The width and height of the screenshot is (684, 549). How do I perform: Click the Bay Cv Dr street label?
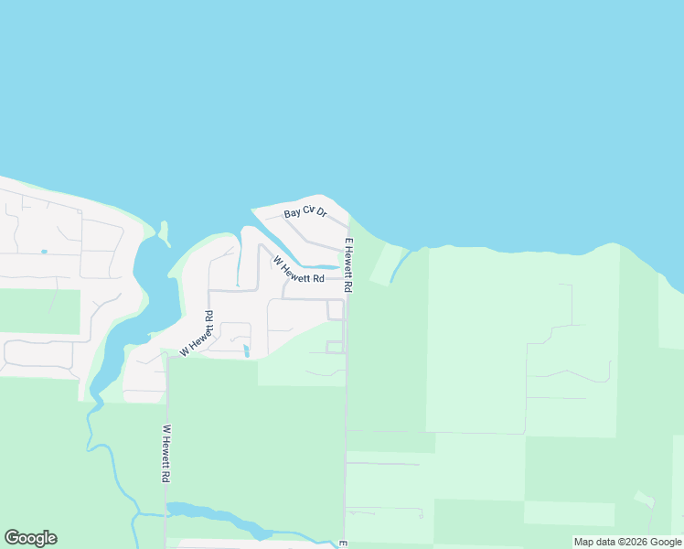point(305,212)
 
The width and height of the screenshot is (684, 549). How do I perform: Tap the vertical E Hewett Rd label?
point(348,265)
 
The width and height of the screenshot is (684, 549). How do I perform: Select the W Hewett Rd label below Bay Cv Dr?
point(299,269)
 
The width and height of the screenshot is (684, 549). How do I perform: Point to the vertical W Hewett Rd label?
point(167,453)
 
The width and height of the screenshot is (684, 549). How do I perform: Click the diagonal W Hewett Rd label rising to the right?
point(197,333)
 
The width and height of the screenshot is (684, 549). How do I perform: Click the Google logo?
point(30,538)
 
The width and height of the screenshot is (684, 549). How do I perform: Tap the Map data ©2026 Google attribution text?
point(627,542)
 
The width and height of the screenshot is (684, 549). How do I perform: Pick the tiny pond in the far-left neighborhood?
point(43,251)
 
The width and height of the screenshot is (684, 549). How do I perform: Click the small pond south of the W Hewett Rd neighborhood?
point(246,350)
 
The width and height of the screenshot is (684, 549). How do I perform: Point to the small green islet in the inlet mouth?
point(164,234)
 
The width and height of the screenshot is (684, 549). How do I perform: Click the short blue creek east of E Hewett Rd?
point(399,266)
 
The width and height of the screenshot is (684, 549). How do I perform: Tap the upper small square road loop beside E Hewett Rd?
point(336,310)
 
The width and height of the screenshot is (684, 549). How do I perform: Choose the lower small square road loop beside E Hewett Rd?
point(336,347)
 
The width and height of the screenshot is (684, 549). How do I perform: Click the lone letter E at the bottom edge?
point(343,544)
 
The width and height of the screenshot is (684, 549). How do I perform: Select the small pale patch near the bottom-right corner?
point(647,500)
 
